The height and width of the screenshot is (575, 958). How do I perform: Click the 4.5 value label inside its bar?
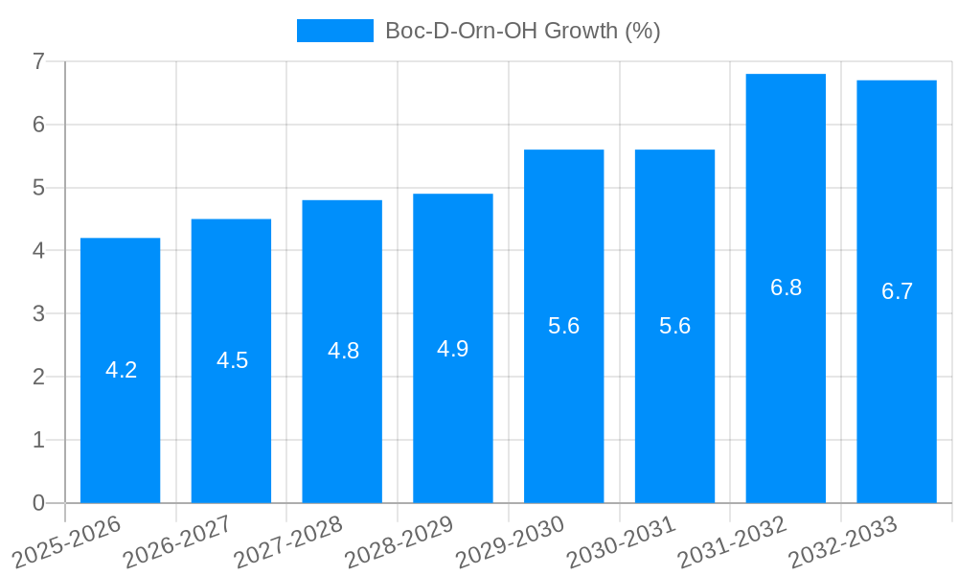pyautogui.click(x=232, y=360)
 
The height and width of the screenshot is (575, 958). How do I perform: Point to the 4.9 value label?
pyautogui.click(x=452, y=349)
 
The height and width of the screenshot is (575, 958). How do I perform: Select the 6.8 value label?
pyautogui.click(x=786, y=287)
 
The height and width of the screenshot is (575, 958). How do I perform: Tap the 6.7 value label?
pyautogui.click(x=897, y=291)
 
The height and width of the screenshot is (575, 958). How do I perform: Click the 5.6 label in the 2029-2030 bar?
pyautogui.click(x=563, y=326)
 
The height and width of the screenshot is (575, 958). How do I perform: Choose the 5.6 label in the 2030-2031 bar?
pyautogui.click(x=674, y=326)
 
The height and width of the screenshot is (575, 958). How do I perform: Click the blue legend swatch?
pyautogui.click(x=334, y=31)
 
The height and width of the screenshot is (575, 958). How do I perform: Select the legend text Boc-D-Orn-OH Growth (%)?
pyautogui.click(x=522, y=31)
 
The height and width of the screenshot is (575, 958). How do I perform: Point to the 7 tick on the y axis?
pyautogui.click(x=38, y=61)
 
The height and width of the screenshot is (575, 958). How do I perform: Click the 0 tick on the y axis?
pyautogui.click(x=38, y=503)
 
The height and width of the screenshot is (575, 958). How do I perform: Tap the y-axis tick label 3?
pyautogui.click(x=38, y=314)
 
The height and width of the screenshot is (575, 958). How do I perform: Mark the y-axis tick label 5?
pyautogui.click(x=38, y=188)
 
